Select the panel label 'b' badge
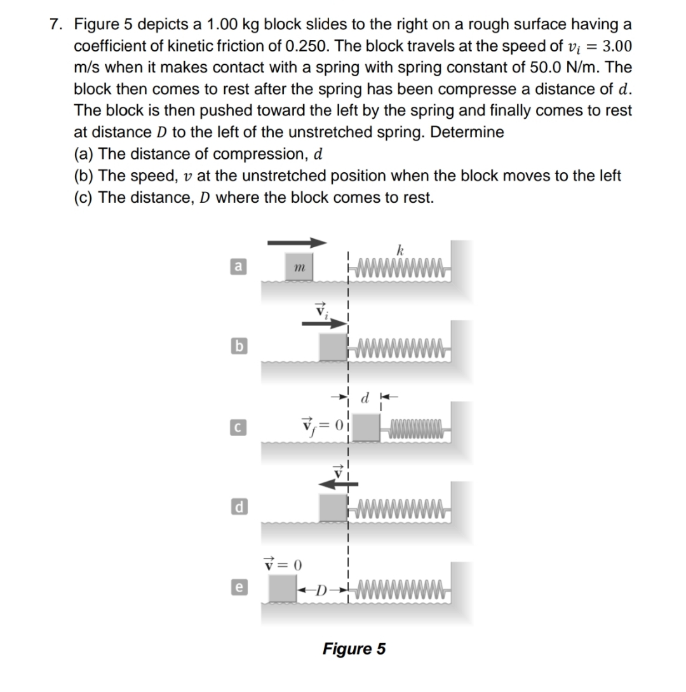236,346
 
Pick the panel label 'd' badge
236,508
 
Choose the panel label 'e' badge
236,588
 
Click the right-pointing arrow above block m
296,242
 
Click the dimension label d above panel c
365,400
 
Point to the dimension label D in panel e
321,588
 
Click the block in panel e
283,588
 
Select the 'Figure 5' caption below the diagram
354,649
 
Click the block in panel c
366,427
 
